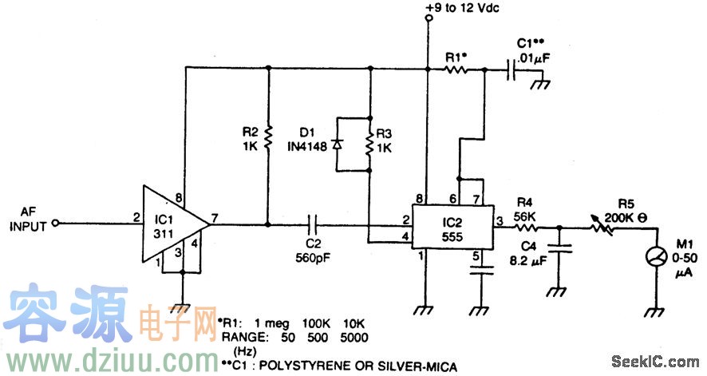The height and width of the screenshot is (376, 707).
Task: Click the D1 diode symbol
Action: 338,144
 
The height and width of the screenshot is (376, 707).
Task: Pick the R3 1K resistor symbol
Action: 369,144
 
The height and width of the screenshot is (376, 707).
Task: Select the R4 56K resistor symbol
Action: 525,226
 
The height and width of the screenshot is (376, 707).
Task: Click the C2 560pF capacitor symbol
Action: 314,225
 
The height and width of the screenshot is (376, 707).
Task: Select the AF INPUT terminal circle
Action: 55,225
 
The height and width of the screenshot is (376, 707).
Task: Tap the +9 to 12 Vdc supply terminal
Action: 429,26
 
